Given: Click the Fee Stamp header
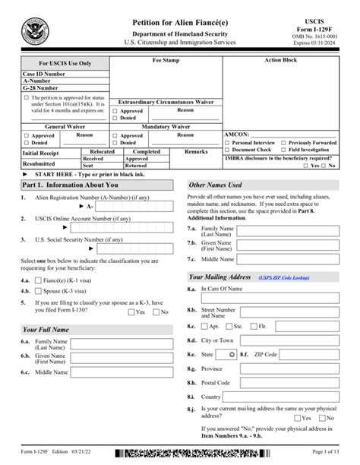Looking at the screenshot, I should [x=165, y=59].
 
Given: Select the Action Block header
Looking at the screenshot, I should [x=282, y=59].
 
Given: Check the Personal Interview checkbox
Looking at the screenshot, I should [x=227, y=142].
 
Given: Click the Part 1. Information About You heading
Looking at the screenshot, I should [x=70, y=185].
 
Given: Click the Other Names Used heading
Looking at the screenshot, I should [x=215, y=185].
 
